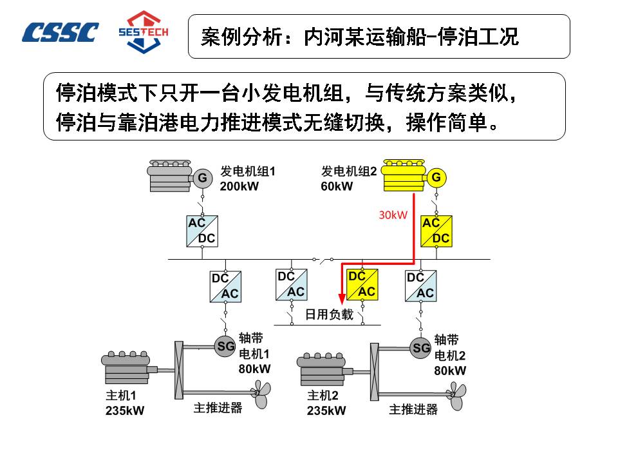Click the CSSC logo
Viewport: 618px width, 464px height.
[61, 32]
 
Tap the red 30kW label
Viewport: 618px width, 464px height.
[393, 215]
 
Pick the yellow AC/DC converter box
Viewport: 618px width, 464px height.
[436, 231]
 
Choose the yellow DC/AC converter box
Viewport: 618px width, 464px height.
[362, 285]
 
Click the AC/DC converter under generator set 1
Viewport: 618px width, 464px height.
[201, 231]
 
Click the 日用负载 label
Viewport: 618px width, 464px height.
[329, 314]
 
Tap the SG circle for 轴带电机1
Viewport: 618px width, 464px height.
[225, 346]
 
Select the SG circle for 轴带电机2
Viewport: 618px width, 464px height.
[421, 348]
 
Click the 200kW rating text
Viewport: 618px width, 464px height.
[239, 186]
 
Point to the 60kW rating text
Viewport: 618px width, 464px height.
[337, 186]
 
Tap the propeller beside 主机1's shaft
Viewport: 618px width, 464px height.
[261, 394]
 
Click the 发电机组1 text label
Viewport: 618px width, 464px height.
[248, 171]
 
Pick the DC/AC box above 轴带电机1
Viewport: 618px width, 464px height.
[225, 285]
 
